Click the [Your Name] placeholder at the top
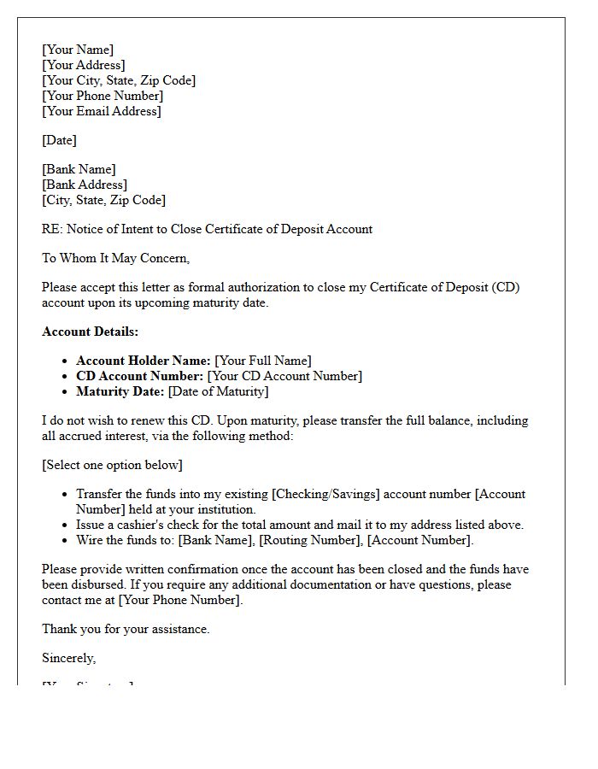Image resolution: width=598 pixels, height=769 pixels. point(78,50)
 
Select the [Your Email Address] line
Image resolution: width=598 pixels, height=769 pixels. point(101,111)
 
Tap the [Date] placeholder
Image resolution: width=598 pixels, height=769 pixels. point(59,140)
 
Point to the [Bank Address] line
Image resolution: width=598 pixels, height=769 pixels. point(85,185)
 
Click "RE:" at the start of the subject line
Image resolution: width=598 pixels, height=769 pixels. point(52,229)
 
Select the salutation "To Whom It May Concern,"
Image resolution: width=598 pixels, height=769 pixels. point(115,258)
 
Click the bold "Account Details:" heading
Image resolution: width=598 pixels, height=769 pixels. point(90,332)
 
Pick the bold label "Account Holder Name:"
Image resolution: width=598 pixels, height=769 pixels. point(144,361)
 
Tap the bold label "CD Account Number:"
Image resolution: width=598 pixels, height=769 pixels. point(140,376)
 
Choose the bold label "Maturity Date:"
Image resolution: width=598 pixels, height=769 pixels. point(120,391)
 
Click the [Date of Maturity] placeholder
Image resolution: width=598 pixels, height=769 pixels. point(218,391)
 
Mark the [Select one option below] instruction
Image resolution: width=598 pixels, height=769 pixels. point(112,465)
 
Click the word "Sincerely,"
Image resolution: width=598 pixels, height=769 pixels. point(68,658)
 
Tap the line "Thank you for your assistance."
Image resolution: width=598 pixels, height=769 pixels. point(126,629)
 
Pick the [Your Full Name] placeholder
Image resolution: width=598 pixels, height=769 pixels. point(263,361)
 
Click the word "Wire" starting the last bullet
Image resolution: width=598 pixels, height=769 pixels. point(91,540)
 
